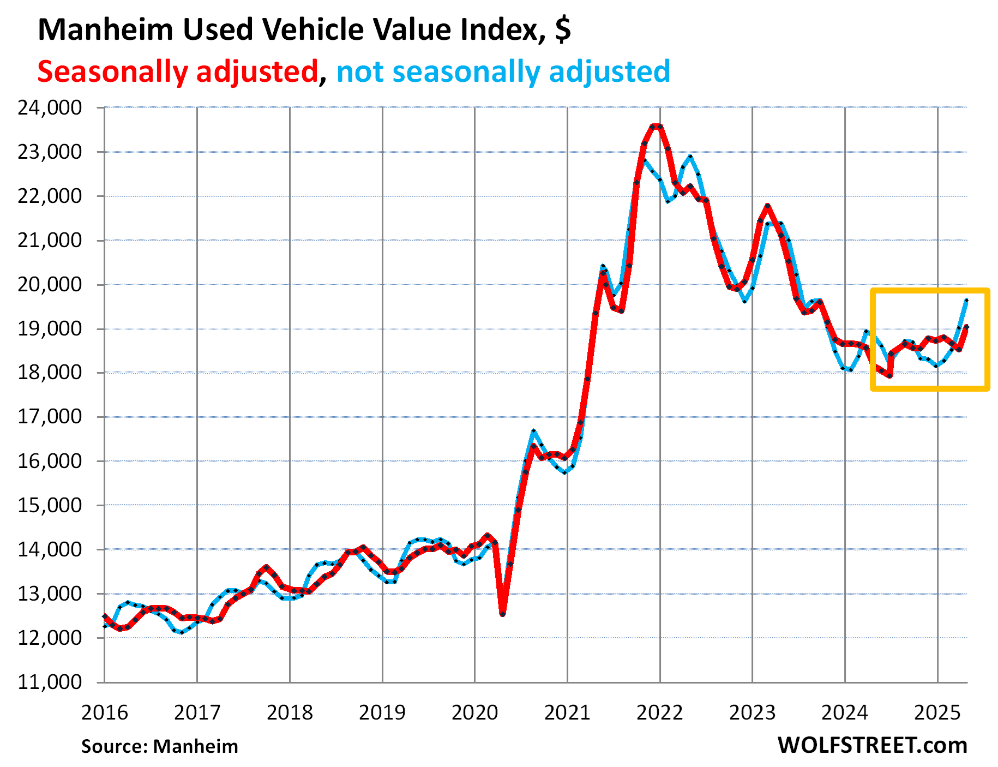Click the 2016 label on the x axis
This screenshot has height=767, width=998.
(x=104, y=712)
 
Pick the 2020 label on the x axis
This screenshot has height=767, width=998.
(x=474, y=712)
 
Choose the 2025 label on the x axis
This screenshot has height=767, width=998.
(x=937, y=712)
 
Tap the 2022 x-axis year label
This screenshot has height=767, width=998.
(x=659, y=712)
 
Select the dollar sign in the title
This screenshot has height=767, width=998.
(x=563, y=29)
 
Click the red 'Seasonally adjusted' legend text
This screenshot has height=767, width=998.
(x=178, y=71)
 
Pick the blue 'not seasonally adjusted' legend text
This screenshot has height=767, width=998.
(x=503, y=71)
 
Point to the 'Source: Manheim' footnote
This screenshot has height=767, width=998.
(x=160, y=746)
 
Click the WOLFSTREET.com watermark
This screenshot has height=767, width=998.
(x=872, y=745)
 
